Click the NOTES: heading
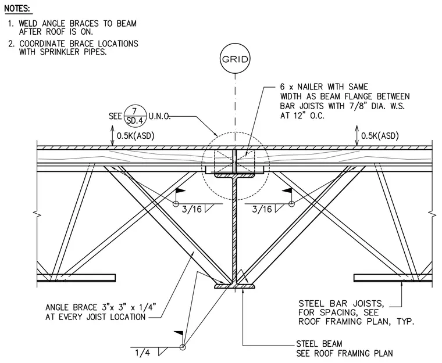pyautogui.click(x=17, y=9)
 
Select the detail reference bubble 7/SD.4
pyautogui.click(x=135, y=116)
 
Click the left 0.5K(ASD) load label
pyautogui.click(x=136, y=136)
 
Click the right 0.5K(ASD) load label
pyautogui.click(x=380, y=136)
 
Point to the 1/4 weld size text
pyautogui.click(x=142, y=353)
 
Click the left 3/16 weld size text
pyautogui.click(x=192, y=209)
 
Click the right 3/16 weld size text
pyautogui.click(x=262, y=209)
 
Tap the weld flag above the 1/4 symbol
pyautogui.click(x=179, y=334)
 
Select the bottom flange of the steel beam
pyautogui.click(x=235, y=286)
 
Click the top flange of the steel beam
pyautogui.click(x=235, y=175)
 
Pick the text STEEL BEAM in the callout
pyautogui.click(x=319, y=344)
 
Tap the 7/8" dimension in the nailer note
pyautogui.click(x=358, y=106)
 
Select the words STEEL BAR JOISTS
pyautogui.click(x=341, y=304)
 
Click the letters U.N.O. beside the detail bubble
pyautogui.click(x=159, y=116)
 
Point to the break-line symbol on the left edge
pyautogui.click(x=37, y=214)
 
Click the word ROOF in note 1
pyautogui.click(x=55, y=31)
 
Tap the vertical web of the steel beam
pyautogui.click(x=235, y=231)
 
